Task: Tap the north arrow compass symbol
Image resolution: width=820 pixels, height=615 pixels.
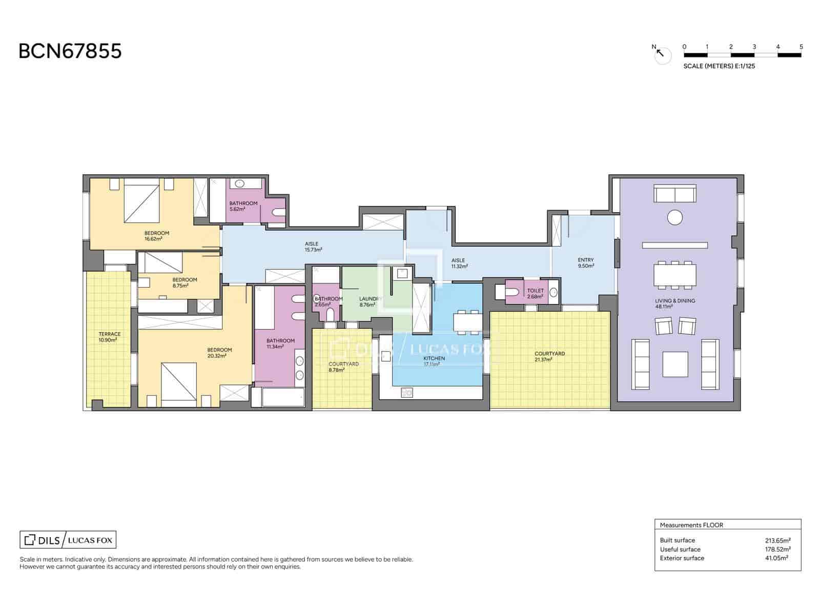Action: [x=661, y=54]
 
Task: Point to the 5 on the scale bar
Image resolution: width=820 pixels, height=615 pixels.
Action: [x=801, y=47]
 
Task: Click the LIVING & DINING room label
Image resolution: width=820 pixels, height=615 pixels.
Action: [x=674, y=303]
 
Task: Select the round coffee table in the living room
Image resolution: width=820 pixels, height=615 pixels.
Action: [x=674, y=217]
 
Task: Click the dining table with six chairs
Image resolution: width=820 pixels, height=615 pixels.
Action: [x=674, y=275]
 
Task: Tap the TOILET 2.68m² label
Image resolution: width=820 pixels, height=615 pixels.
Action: [x=536, y=294]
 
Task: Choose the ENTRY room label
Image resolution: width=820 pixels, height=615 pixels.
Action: [x=585, y=262]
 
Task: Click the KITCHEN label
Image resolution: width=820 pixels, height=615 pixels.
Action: [x=434, y=361]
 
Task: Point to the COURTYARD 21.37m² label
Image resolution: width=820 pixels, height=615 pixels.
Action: [x=549, y=356]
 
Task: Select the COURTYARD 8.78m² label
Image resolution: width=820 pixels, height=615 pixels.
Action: [x=343, y=366]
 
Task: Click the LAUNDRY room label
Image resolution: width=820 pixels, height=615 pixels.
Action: [x=370, y=301]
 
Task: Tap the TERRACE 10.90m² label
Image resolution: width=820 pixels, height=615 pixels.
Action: [x=110, y=337]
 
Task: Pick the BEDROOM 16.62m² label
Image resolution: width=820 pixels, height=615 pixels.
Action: [x=156, y=236]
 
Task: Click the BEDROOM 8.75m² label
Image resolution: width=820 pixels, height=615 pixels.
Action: [x=184, y=282]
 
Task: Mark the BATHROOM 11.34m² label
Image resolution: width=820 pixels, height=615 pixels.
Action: [x=280, y=343]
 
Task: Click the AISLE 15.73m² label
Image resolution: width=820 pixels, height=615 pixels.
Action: [x=313, y=247]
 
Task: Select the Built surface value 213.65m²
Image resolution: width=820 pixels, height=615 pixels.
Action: [x=777, y=540]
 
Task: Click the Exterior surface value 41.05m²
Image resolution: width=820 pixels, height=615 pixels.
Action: [x=776, y=558]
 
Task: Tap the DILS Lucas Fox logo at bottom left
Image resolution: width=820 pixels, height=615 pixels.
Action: [x=68, y=540]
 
